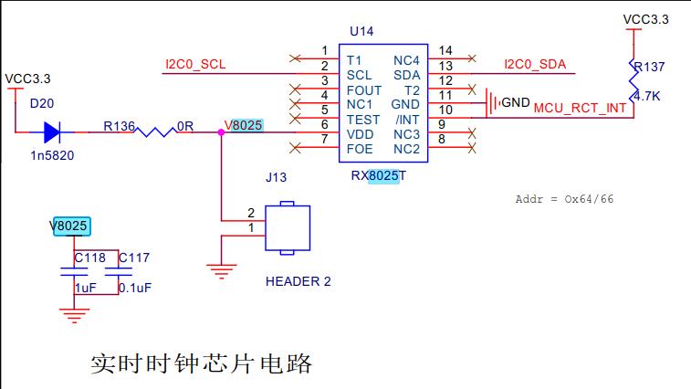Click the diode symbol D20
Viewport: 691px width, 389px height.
53,132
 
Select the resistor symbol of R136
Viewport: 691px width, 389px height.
155,132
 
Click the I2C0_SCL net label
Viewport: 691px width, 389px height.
194,65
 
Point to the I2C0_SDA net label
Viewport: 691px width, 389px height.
535,65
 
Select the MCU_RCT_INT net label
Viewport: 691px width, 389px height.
580,108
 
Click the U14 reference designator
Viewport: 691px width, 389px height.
361,31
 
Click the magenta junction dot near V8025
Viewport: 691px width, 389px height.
221,132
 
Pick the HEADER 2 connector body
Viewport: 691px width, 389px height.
288,227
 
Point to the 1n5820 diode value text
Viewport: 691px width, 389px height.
52,155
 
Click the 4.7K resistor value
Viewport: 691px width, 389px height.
647,96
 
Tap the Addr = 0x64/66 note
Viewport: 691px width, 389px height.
564,199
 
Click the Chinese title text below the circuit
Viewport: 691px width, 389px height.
202,363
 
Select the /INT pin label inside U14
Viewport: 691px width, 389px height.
407,120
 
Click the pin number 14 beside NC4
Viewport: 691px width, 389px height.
445,50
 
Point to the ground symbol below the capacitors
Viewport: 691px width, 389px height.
73,316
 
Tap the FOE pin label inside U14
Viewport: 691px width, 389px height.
360,149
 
